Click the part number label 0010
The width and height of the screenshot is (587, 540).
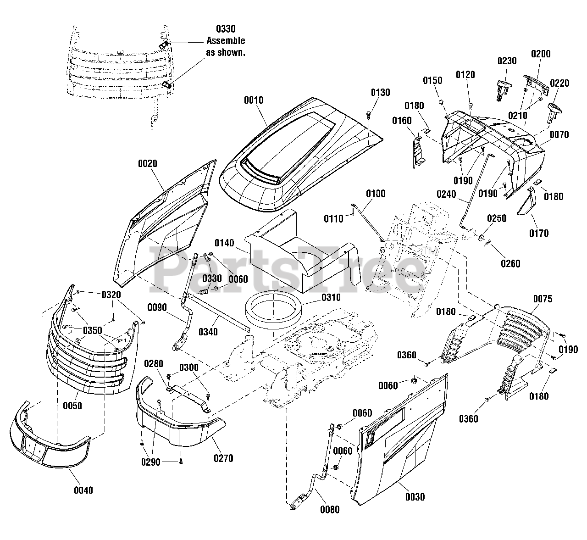click(x=254, y=100)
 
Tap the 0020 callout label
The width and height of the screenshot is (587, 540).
click(x=148, y=163)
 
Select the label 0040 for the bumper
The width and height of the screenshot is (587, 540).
click(x=83, y=490)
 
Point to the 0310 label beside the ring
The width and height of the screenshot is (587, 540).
click(x=331, y=297)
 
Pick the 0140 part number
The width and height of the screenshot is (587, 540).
click(x=224, y=243)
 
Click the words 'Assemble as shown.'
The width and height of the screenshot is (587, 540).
click(x=226, y=46)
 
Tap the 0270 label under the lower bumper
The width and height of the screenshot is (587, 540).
click(x=223, y=458)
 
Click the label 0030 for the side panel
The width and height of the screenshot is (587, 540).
click(x=415, y=497)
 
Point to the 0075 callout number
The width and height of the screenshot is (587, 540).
click(x=543, y=299)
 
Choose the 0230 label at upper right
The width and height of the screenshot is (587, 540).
click(x=507, y=61)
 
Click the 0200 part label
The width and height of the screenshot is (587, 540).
click(x=541, y=54)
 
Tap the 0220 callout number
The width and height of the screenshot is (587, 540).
click(x=559, y=83)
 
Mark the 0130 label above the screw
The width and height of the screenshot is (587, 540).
click(x=381, y=93)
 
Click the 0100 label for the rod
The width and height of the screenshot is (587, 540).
click(x=376, y=194)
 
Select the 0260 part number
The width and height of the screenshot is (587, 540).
click(x=510, y=263)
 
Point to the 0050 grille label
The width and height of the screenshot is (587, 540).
click(x=72, y=406)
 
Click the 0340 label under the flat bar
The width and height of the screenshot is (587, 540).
click(x=208, y=332)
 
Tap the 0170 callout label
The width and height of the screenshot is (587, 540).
click(x=539, y=234)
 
